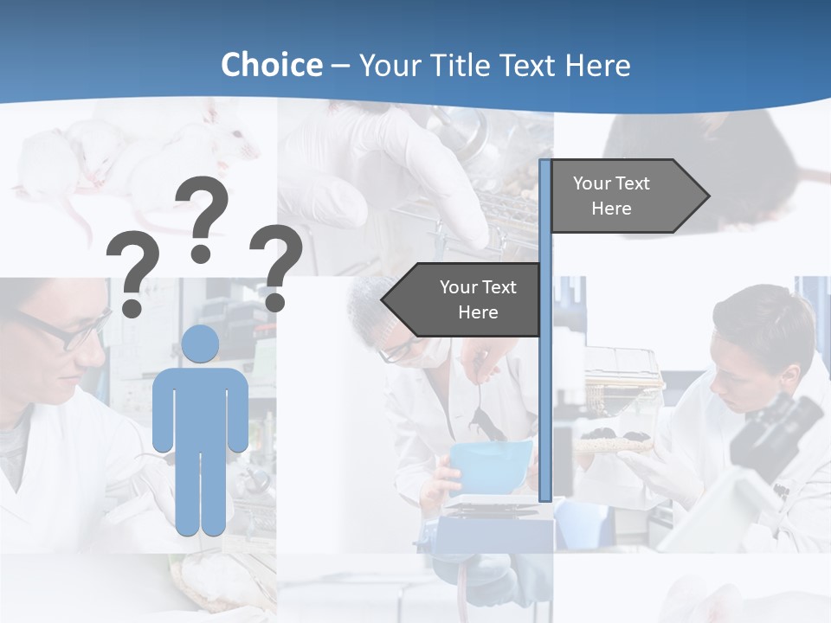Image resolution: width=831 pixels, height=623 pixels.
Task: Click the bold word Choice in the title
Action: coord(271,65)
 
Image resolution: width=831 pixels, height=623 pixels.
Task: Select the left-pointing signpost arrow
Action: coord(463,300)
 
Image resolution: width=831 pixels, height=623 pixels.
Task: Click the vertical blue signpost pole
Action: coord(545,389)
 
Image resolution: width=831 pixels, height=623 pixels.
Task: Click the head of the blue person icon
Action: coord(200,344)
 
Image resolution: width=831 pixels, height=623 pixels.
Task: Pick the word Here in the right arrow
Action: coord(611,209)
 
